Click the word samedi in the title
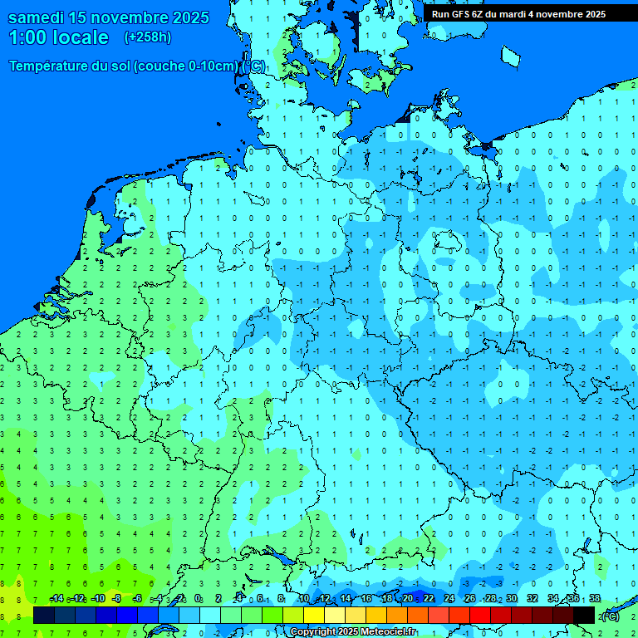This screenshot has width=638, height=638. (37, 17)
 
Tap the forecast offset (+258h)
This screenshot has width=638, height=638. (147, 37)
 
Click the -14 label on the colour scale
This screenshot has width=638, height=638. (56, 599)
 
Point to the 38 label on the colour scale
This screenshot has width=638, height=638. (595, 599)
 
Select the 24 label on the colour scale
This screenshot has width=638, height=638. (449, 599)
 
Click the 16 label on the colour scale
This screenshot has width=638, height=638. (366, 599)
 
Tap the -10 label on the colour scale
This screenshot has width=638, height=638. (97, 599)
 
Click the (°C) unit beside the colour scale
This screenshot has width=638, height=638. (611, 616)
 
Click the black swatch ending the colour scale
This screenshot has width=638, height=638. (584, 615)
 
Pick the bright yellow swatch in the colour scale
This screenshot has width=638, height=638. (314, 615)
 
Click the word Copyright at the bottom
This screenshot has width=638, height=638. (312, 632)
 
